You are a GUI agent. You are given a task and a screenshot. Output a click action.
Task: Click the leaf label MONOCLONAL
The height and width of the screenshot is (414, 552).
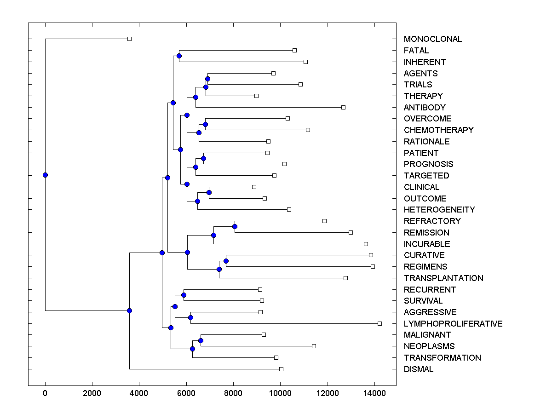432,39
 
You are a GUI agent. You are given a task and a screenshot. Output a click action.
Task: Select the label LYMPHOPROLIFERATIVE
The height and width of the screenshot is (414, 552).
453,324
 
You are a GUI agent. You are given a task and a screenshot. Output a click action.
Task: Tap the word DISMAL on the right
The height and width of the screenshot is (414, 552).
418,369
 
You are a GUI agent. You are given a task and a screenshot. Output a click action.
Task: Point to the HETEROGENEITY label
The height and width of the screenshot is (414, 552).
439,210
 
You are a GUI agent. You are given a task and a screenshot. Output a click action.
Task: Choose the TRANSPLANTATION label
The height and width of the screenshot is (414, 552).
443,278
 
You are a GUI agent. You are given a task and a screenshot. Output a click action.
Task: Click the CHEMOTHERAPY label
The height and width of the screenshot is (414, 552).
438,130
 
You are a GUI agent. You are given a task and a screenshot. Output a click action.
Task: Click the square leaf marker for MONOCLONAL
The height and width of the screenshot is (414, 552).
129,39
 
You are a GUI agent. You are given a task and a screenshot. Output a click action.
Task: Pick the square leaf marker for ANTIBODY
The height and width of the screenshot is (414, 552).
343,107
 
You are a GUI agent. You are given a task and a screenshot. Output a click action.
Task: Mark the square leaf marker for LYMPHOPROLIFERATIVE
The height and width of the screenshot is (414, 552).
379,324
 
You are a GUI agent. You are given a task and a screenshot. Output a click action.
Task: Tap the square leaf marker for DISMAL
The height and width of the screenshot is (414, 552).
281,369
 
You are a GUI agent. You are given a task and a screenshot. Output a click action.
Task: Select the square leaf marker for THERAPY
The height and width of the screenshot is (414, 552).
256,96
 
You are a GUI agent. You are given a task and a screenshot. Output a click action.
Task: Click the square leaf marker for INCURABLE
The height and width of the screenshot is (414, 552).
366,244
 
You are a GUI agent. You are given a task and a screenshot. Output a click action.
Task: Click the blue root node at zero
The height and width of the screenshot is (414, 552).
45,175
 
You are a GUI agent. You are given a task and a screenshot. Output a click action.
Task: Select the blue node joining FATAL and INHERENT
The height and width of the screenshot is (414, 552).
179,56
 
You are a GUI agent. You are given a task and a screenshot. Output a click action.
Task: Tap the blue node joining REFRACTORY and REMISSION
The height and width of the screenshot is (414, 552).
235,226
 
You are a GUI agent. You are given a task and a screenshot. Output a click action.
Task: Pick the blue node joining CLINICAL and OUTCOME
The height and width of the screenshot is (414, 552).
209,192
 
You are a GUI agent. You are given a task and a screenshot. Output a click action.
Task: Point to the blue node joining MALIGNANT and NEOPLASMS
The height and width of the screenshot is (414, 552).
201,340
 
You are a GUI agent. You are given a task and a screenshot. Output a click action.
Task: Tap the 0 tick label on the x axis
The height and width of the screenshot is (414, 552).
45,393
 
